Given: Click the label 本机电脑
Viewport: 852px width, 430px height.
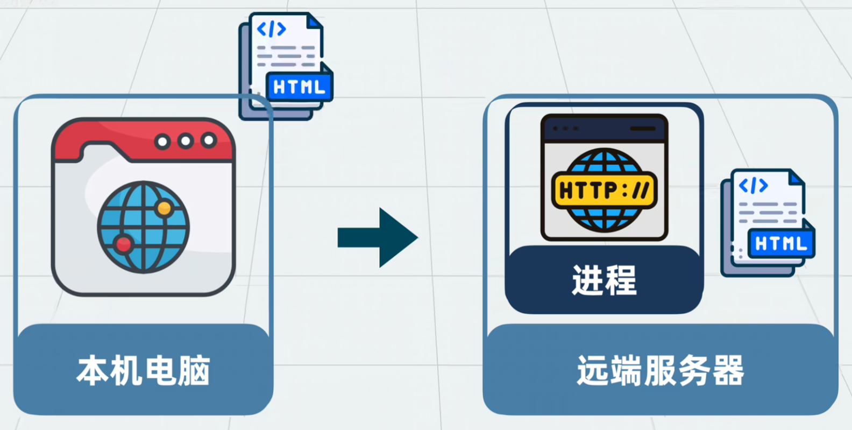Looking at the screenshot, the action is (143, 371).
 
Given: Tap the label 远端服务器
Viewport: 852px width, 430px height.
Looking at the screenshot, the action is (660, 371).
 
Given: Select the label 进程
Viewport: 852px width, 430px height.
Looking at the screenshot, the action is (604, 280).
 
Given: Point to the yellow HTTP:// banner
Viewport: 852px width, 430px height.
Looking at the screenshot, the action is (604, 190).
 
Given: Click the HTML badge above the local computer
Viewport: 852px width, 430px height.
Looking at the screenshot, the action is (299, 87).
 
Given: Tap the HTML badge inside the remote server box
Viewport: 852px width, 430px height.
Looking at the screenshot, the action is (781, 244).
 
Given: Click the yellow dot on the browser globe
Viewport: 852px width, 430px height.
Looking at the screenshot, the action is (165, 208).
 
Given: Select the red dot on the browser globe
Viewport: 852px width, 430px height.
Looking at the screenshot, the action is (124, 245).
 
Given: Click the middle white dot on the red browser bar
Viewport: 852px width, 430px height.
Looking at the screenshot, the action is (186, 142).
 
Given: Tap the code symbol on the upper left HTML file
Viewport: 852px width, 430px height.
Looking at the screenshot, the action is (271, 29).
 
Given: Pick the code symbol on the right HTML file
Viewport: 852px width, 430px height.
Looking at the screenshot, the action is (753, 186).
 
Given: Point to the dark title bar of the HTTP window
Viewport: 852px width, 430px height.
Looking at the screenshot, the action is (604, 129).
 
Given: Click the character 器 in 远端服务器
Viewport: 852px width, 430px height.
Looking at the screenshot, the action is (729, 371).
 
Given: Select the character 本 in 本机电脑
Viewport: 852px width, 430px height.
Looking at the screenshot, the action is (93, 371).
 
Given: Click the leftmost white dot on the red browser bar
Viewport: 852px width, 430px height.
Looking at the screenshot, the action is (162, 142).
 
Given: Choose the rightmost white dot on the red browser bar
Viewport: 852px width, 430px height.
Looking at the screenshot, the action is (209, 141).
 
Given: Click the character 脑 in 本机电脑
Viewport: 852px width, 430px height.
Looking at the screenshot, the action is (194, 371).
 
